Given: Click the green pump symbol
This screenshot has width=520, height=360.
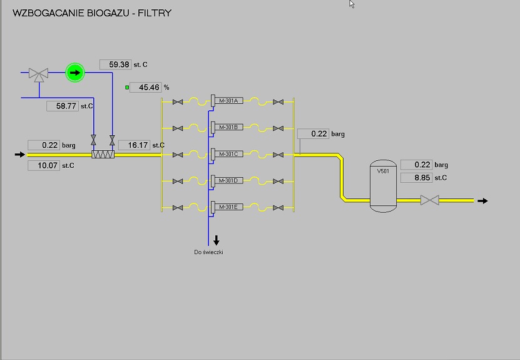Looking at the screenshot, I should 75,73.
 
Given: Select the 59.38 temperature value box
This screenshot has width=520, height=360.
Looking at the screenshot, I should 115,64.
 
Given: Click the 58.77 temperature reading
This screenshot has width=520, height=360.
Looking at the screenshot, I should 63,106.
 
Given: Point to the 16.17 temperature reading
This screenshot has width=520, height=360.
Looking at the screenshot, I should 134,145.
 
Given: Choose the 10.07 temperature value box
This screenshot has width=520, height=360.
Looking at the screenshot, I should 43,166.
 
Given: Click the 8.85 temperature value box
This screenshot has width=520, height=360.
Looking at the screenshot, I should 415,177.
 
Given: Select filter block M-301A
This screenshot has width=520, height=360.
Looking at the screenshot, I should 227,101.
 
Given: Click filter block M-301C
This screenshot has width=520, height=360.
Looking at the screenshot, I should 227,154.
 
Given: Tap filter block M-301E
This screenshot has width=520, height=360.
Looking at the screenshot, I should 227,207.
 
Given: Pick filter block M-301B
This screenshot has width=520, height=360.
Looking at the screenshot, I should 227,128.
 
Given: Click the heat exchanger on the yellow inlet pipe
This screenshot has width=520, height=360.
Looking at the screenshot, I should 103,155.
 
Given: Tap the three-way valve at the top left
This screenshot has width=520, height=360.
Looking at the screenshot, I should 39,74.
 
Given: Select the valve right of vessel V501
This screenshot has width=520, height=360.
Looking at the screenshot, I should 429,200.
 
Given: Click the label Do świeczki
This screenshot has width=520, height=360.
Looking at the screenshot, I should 209,252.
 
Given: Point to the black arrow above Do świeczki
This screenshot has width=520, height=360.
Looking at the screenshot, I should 217,240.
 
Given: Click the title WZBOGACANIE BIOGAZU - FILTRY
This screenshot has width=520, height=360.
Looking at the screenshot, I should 92,13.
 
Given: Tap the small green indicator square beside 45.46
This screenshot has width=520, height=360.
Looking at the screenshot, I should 128,88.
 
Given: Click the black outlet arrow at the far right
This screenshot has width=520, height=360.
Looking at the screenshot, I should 482,201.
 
